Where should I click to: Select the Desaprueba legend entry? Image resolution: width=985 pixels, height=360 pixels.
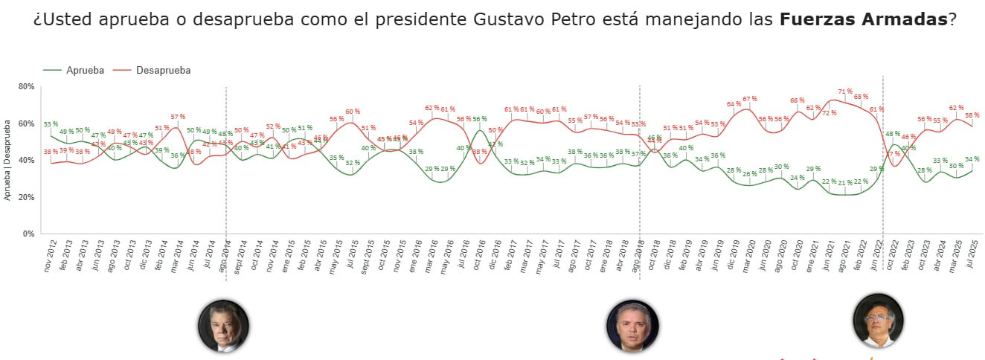(x=163, y=70)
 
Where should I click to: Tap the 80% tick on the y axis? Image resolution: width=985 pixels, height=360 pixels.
(x=26, y=87)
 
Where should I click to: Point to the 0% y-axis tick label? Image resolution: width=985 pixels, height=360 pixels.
(x=28, y=234)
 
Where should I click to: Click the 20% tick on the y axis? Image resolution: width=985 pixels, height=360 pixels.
(x=26, y=197)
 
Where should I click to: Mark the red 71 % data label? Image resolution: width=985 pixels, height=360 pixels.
(x=845, y=91)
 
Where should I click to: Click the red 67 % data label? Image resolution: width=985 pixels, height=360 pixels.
(x=749, y=99)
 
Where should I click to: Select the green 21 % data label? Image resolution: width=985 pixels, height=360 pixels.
(x=844, y=182)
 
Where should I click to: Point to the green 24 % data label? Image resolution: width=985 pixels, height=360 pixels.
(x=797, y=178)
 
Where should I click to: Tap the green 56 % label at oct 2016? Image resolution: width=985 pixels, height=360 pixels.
(x=480, y=119)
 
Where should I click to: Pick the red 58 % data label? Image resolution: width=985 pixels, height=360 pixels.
(x=972, y=115)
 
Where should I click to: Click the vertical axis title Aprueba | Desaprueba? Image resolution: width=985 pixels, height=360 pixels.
(x=7, y=159)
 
